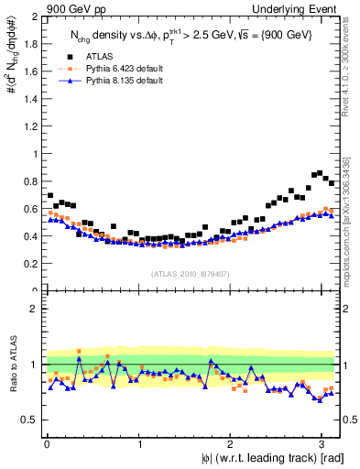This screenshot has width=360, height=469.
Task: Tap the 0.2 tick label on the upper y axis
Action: (x=30, y=264)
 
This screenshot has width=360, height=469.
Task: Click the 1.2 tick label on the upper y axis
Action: (x=30, y=126)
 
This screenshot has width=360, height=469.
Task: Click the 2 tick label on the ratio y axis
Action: (x=35, y=309)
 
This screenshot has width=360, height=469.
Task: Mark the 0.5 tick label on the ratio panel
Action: (x=30, y=420)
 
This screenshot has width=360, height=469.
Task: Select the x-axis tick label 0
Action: (x=47, y=444)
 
